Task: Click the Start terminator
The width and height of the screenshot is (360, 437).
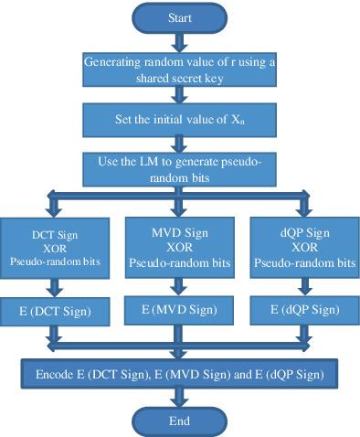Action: pyautogui.click(x=180, y=18)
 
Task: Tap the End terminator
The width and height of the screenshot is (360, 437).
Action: pyautogui.click(x=180, y=421)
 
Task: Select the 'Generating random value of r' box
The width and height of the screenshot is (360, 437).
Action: pyautogui.click(x=180, y=69)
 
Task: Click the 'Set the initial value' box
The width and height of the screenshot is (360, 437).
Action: pyautogui.click(x=180, y=120)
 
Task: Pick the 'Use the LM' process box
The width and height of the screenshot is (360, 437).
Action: pyautogui.click(x=180, y=169)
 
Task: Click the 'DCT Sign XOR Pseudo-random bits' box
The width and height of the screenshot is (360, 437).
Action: pyautogui.click(x=55, y=248)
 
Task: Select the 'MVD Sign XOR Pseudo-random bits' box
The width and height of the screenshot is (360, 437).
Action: pyautogui.click(x=180, y=248)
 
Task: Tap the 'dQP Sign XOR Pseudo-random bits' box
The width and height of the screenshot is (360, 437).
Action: pyautogui.click(x=305, y=248)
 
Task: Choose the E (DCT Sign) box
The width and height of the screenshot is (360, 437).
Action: pyautogui.click(x=55, y=312)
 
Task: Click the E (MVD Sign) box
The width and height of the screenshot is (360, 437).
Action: pyautogui.click(x=179, y=310)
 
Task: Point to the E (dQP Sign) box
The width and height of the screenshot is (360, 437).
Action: pyautogui.click(x=305, y=310)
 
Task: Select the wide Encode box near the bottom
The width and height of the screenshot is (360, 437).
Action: pyautogui.click(x=179, y=374)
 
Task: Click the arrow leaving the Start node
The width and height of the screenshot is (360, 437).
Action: pyautogui.click(x=180, y=43)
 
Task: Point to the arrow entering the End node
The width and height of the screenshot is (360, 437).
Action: pyautogui.click(x=180, y=398)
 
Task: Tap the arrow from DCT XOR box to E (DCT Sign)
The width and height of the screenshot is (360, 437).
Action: pyautogui.click(x=55, y=288)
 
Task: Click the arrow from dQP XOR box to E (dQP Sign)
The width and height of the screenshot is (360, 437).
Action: pyautogui.click(x=305, y=287)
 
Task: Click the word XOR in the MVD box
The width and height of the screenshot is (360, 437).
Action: pyautogui.click(x=179, y=247)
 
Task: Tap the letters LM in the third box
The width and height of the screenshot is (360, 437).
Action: pyautogui.click(x=149, y=161)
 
